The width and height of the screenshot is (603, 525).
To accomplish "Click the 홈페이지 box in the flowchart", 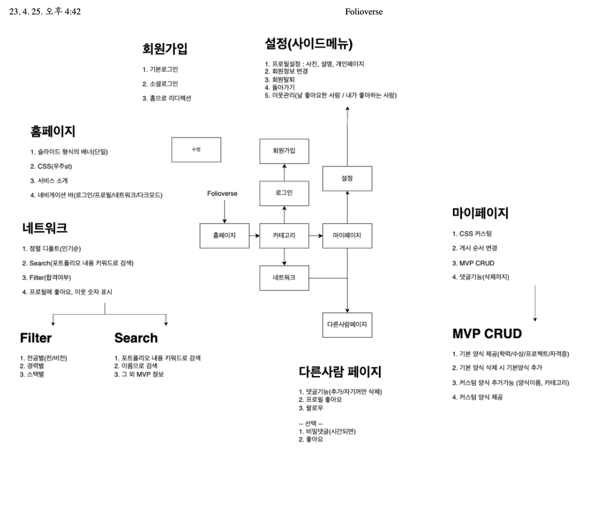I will [x=224, y=236].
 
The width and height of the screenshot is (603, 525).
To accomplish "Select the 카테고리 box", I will [x=284, y=236].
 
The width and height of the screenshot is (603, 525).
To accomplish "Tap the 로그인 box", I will [x=284, y=193].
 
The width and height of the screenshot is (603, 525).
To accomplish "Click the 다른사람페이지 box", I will [x=347, y=324].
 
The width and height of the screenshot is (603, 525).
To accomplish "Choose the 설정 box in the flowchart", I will [x=347, y=178].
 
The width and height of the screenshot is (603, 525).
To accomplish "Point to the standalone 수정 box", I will [x=196, y=149].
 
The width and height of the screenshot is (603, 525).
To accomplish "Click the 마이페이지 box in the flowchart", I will [x=347, y=236].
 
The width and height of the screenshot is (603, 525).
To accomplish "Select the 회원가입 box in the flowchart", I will [x=284, y=151].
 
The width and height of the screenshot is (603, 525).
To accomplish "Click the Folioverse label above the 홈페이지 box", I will [x=222, y=193].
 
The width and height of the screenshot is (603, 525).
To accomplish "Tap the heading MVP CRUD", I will [x=487, y=334].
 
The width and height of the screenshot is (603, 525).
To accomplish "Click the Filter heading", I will [x=36, y=338].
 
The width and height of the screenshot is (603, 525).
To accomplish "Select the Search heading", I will [x=136, y=338].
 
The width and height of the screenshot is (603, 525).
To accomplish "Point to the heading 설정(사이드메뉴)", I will [x=309, y=44].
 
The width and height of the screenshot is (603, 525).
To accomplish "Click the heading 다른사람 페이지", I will [x=340, y=372].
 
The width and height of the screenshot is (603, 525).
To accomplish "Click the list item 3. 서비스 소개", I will [x=49, y=181].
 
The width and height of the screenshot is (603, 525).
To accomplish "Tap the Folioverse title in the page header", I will [x=364, y=12].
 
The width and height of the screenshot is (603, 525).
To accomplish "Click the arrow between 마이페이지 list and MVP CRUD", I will [x=535, y=303].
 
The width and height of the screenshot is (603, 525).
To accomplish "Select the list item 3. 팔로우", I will [x=311, y=408].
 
